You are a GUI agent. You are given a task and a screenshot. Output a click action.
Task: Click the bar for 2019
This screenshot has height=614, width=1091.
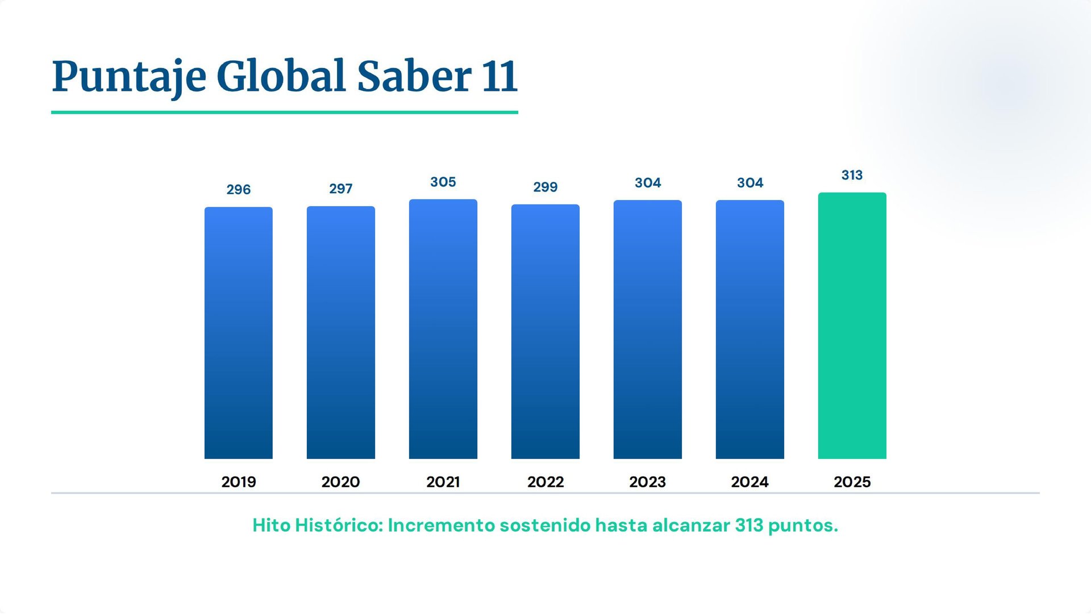click(239, 333)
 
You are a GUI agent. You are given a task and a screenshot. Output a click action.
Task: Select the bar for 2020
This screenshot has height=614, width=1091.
click(341, 333)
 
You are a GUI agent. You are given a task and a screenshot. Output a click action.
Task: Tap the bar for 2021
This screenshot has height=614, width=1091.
click(443, 329)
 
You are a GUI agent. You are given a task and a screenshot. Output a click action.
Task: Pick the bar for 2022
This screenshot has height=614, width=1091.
click(545, 332)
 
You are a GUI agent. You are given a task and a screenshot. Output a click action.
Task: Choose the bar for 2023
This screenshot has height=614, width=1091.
click(648, 329)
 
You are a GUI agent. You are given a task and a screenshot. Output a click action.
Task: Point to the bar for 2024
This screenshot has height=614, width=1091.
click(750, 329)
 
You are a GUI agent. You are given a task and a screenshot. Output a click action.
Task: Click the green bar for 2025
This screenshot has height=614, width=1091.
click(852, 326)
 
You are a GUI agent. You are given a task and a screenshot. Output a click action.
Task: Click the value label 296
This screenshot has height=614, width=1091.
click(239, 190)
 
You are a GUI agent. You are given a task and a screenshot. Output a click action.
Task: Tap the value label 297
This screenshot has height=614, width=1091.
click(341, 189)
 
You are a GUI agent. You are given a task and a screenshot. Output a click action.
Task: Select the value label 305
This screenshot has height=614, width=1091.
click(443, 182)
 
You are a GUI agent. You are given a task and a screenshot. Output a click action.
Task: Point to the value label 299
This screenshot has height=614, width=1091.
click(545, 187)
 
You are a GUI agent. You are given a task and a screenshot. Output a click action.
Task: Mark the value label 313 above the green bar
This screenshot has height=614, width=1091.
click(852, 176)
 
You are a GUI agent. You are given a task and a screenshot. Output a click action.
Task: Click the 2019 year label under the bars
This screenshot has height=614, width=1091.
click(239, 482)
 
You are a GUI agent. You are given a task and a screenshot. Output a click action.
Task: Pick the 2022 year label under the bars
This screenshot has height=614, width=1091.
click(545, 482)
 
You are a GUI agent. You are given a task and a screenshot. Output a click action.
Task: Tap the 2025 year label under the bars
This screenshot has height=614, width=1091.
click(852, 482)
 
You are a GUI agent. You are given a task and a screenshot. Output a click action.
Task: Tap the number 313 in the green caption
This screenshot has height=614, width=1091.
click(749, 525)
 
